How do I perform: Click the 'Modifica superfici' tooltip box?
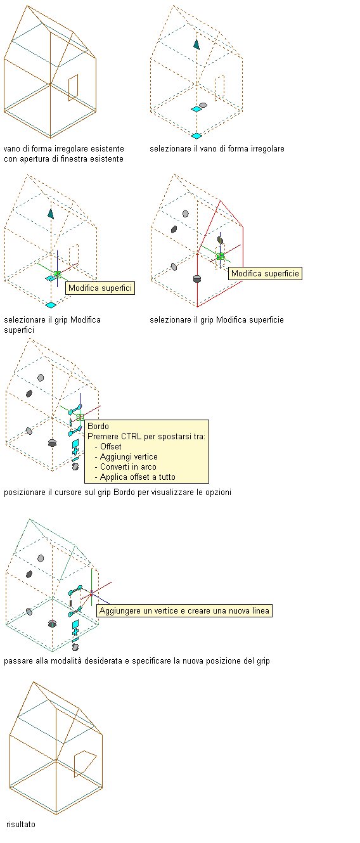[x=100, y=288]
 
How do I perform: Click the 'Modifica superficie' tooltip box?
[x=265, y=274]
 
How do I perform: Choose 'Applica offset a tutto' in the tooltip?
[x=135, y=477]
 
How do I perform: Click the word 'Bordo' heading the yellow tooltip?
[x=98, y=427]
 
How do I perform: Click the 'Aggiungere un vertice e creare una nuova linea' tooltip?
[x=184, y=611]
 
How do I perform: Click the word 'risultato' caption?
[x=21, y=824]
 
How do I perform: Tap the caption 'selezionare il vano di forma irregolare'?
[x=217, y=149]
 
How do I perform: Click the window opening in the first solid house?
[x=74, y=87]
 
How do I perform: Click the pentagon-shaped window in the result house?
[x=85, y=764]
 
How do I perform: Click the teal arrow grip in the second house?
[x=196, y=44]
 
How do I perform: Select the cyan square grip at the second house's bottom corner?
[x=196, y=136]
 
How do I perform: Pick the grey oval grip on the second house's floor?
[x=203, y=105]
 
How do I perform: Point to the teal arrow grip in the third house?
[x=51, y=214]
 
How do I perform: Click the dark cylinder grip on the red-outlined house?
[x=197, y=279]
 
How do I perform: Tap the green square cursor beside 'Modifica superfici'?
[x=57, y=274]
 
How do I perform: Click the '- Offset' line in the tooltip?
[x=108, y=447]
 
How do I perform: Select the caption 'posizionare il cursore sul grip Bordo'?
[x=70, y=492]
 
